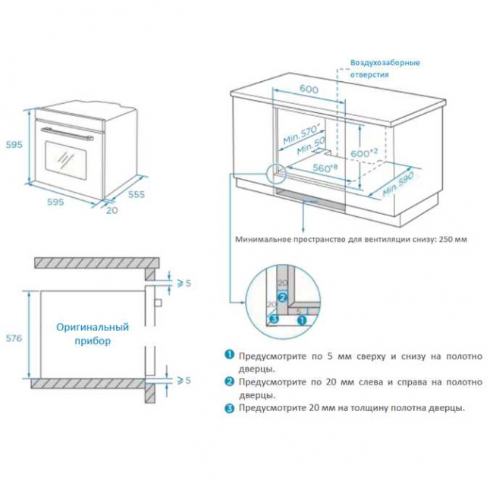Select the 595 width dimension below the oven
(x=54, y=202)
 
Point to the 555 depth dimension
(x=136, y=194)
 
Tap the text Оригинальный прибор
(x=93, y=334)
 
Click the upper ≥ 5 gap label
(x=184, y=283)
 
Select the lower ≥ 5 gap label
(x=184, y=379)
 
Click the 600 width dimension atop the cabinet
(x=309, y=89)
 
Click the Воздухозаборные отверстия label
(x=385, y=68)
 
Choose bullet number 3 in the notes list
(x=228, y=408)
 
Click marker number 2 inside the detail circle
(x=281, y=296)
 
